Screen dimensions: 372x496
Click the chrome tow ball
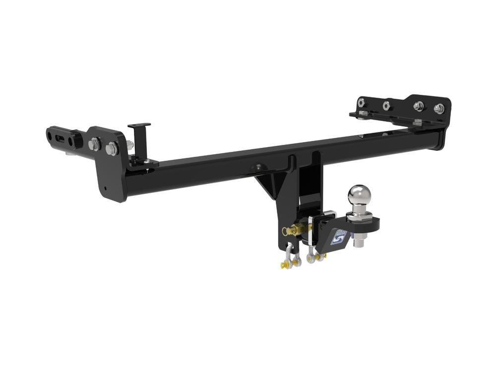click(x=359, y=195)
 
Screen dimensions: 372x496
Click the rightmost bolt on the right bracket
click(x=438, y=108)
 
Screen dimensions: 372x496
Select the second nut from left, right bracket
click(x=386, y=105)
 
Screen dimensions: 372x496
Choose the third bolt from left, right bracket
click(x=418, y=106)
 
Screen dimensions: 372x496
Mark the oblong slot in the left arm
click(x=61, y=136)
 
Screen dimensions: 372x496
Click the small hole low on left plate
click(x=105, y=188)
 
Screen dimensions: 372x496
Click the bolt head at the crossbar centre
click(x=257, y=168)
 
